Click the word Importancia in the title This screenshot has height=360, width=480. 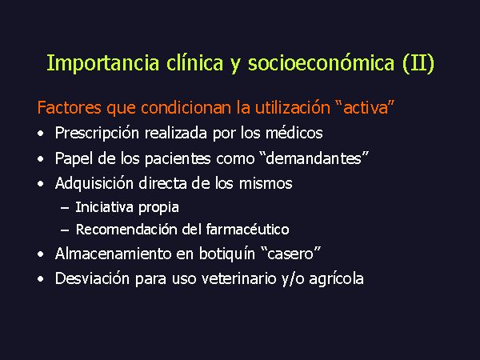coord(103,64)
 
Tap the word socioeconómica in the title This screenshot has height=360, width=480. coord(321,62)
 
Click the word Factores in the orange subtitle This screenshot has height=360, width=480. coord(69,108)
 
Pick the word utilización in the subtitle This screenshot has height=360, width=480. coord(293,108)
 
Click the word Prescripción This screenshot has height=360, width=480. coord(97,134)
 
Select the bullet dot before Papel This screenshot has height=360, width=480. coord(41,159)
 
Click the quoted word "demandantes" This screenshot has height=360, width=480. coord(314,158)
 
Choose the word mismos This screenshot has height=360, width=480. coord(266,183)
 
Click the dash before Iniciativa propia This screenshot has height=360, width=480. coord(65,208)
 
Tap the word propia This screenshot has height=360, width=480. coord(158,208)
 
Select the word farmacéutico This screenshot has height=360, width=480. coord(247,230)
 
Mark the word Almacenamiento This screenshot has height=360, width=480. coord(114,254)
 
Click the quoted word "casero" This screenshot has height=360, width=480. coord(291,254)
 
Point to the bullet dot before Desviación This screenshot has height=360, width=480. coord(41,279)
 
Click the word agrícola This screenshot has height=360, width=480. coord(337,279)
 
